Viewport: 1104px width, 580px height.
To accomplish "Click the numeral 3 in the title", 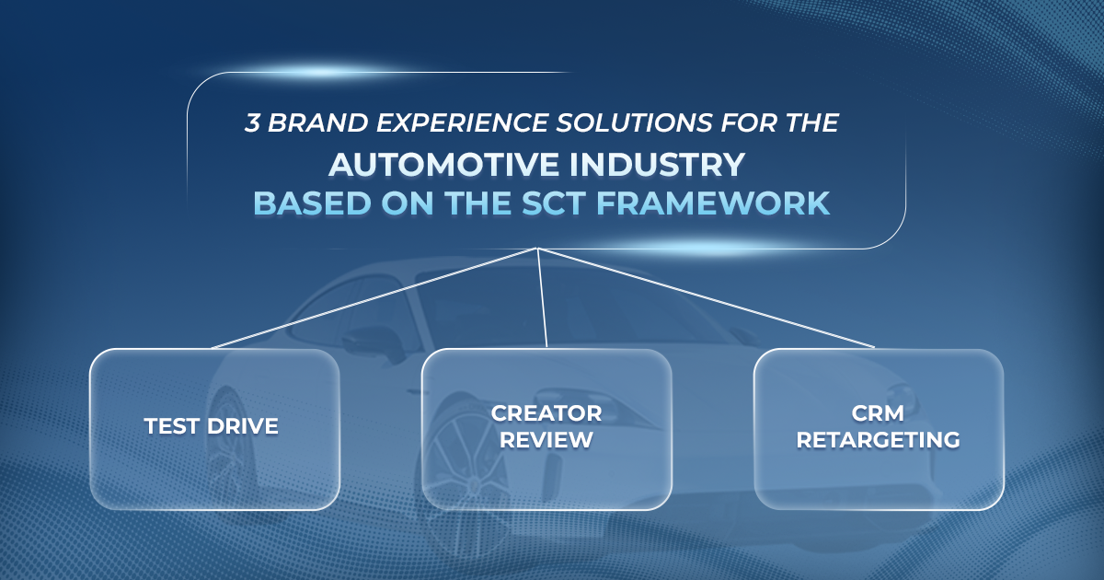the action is tap(252, 122).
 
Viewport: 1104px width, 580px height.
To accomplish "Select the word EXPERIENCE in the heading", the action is tap(462, 122).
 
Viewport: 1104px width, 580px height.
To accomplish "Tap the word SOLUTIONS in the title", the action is tap(634, 122).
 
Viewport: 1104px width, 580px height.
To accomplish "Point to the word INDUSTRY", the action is tap(657, 164).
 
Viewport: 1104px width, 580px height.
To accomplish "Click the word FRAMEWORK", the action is tap(713, 203).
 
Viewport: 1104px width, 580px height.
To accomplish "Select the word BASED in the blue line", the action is tap(312, 203).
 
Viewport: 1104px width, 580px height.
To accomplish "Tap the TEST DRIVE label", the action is tap(211, 426).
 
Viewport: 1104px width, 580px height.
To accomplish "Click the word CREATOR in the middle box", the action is tap(546, 413).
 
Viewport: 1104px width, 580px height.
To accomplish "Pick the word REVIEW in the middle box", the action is tap(546, 440).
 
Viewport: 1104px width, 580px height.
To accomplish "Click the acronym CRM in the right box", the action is tap(878, 413).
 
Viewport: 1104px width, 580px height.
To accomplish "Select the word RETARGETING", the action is tap(878, 440).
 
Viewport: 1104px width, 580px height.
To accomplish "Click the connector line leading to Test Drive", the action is tap(374, 298).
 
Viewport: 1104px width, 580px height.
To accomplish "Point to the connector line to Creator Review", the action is tap(542, 298).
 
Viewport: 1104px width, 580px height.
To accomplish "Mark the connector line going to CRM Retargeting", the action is tap(706, 298).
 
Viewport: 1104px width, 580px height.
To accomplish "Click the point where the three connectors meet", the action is tap(537, 248).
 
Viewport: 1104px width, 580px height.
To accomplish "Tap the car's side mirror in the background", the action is tap(377, 344).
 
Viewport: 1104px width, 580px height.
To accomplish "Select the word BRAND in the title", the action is tap(318, 122).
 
